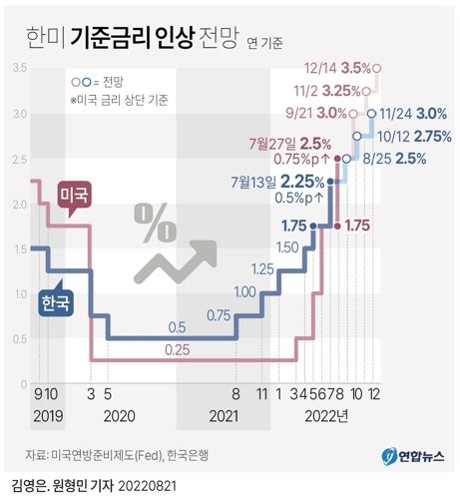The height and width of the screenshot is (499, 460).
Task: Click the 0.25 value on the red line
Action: (x=178, y=348)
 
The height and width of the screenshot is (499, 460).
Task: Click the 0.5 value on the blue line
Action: (x=178, y=326)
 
